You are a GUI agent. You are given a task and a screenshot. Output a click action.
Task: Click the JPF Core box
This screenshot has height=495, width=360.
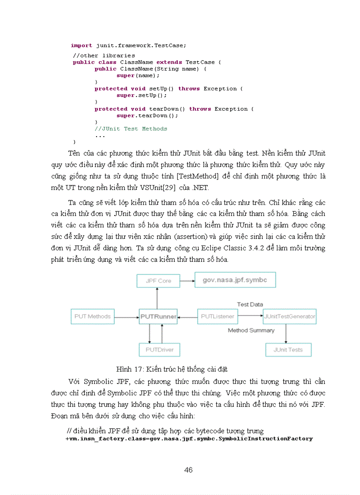pyautogui.click(x=158, y=281)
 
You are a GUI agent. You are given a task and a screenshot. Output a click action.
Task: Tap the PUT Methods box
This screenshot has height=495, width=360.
pyautogui.click(x=92, y=316)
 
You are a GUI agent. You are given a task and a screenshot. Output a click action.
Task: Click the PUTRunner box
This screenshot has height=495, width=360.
pyautogui.click(x=158, y=316)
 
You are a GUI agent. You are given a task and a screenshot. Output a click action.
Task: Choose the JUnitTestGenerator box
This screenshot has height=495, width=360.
pyautogui.click(x=289, y=316)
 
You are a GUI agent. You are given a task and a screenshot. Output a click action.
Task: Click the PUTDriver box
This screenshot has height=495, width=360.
pyautogui.click(x=159, y=350)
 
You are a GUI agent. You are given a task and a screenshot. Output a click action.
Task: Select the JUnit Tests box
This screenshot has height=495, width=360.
pyautogui.click(x=288, y=350)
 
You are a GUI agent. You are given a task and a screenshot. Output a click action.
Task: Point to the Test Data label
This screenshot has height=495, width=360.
pyautogui.click(x=250, y=304)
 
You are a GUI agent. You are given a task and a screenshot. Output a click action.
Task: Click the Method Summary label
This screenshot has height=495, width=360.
pyautogui.click(x=251, y=330)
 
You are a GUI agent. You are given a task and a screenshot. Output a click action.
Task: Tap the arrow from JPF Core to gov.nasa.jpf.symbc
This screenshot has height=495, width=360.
pyautogui.click(x=187, y=280)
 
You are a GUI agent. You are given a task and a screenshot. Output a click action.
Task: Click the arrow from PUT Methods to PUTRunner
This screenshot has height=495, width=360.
pyautogui.click(x=127, y=316)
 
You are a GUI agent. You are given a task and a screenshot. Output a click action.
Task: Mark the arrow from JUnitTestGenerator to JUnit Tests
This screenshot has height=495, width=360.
pyautogui.click(x=287, y=334)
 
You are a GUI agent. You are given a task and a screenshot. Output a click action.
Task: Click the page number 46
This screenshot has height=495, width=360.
pyautogui.click(x=188, y=470)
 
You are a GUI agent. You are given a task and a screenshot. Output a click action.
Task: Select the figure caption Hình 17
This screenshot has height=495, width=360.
pyautogui.click(x=172, y=369)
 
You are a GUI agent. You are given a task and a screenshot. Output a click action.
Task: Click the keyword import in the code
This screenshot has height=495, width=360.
pyautogui.click(x=82, y=45)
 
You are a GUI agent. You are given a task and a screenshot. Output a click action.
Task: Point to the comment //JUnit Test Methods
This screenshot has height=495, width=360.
pyautogui.click(x=131, y=129)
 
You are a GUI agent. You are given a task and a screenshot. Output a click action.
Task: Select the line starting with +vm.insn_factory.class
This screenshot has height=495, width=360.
pyautogui.click(x=189, y=439)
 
